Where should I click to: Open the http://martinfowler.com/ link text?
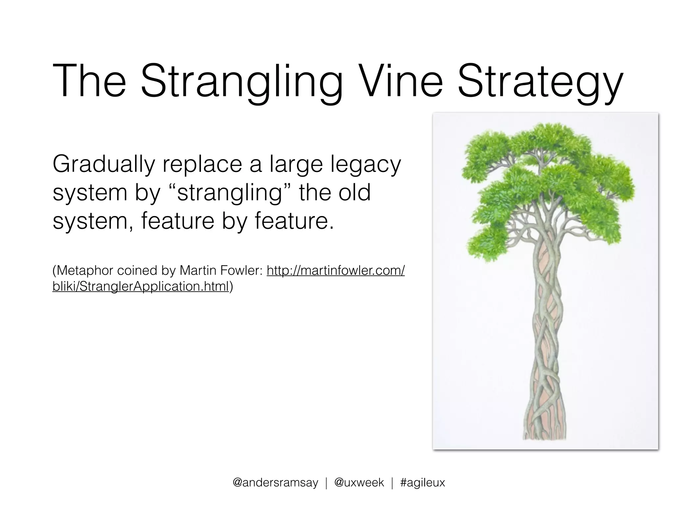point(336,271)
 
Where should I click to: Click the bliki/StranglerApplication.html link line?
point(141,286)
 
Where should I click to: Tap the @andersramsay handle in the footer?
point(275,483)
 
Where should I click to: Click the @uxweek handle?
point(359,483)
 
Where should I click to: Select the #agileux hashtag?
point(423,483)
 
